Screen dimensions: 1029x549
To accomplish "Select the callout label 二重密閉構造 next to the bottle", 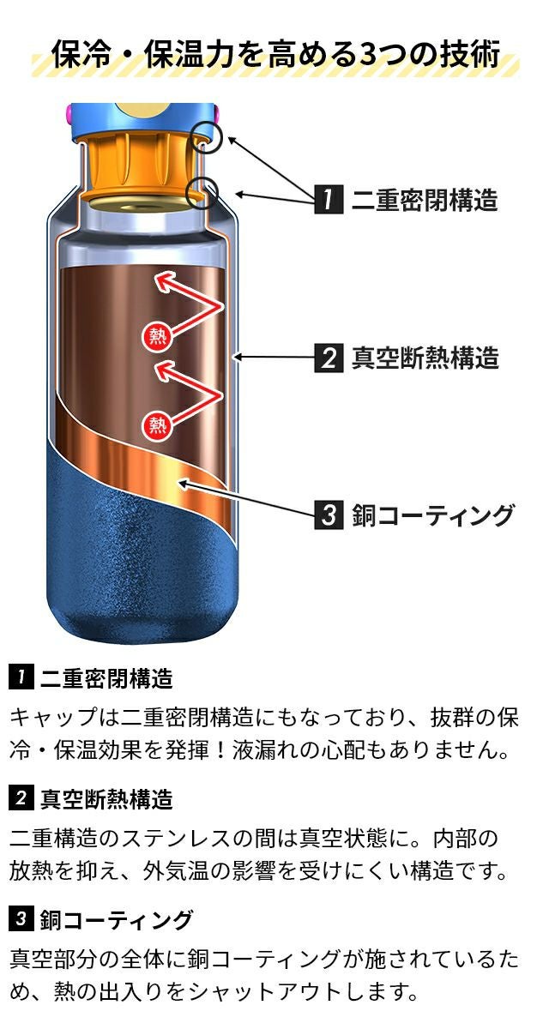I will click(x=425, y=200).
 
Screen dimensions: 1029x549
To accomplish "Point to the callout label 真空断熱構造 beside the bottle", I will click(x=425, y=357).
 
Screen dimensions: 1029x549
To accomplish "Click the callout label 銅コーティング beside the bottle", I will click(x=432, y=515).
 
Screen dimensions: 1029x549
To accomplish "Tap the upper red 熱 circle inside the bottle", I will click(x=157, y=335).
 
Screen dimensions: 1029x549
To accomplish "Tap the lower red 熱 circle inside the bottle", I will click(x=157, y=423).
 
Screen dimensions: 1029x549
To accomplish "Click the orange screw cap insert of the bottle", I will click(x=142, y=163).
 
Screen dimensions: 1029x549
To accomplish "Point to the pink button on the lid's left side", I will click(x=69, y=112).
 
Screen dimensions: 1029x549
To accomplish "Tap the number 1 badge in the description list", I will click(x=21, y=678).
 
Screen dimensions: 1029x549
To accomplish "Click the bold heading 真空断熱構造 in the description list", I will click(x=106, y=799).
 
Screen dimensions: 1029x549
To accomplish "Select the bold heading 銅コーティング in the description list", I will click(x=116, y=920).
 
